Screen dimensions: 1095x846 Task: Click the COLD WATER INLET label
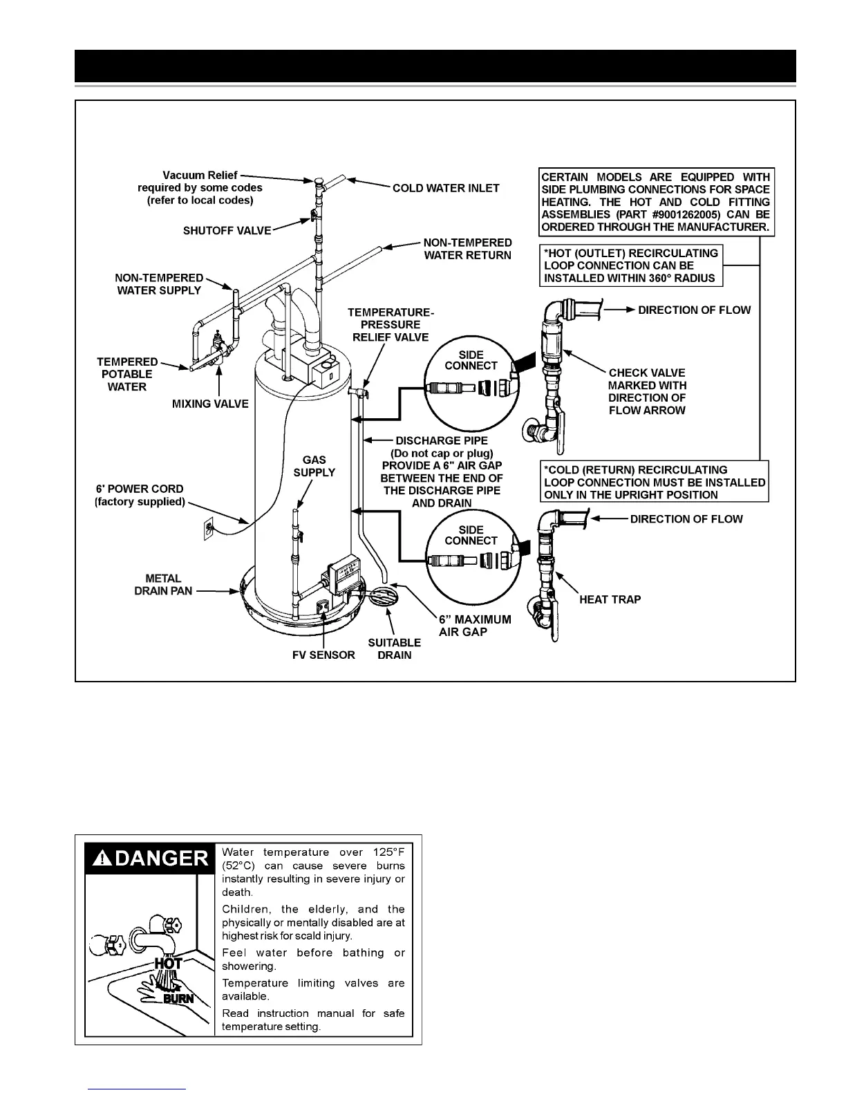click(446, 188)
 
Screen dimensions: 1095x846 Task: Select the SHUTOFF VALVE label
click(227, 231)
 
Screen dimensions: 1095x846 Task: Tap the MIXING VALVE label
click(210, 404)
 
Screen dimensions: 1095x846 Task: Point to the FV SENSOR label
click(323, 655)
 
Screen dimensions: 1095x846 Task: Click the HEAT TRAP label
click(610, 599)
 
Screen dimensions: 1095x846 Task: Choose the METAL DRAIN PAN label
click(163, 585)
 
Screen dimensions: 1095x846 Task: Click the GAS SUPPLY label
click(314, 466)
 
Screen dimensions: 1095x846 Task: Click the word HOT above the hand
click(168, 963)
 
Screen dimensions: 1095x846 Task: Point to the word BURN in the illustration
click(178, 998)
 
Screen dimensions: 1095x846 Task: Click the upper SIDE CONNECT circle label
click(471, 360)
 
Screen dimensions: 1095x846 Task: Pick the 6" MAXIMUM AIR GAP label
click(475, 626)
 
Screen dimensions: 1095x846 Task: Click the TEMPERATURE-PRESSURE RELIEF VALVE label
click(391, 325)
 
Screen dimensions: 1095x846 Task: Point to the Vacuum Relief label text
click(200, 176)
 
